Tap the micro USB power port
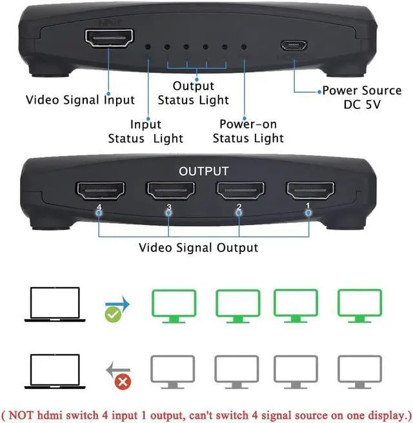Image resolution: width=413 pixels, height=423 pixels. coord(294,46)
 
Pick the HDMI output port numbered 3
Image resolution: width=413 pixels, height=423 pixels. coord(170,190)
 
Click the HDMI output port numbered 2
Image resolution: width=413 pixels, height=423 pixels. coord(239,190)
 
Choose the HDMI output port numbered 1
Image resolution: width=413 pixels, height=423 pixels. coord(310,190)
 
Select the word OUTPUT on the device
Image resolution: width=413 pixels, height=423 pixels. coord(203,172)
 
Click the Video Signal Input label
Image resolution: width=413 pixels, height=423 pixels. coord(80,100)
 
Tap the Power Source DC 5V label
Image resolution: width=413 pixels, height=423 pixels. coord(361,97)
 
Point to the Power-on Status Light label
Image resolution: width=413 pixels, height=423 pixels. coord(248,132)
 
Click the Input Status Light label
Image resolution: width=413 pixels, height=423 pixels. coord(146,132)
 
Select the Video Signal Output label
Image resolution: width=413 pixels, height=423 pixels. coord(198,248)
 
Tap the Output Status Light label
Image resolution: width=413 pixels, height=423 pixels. coord(194,93)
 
